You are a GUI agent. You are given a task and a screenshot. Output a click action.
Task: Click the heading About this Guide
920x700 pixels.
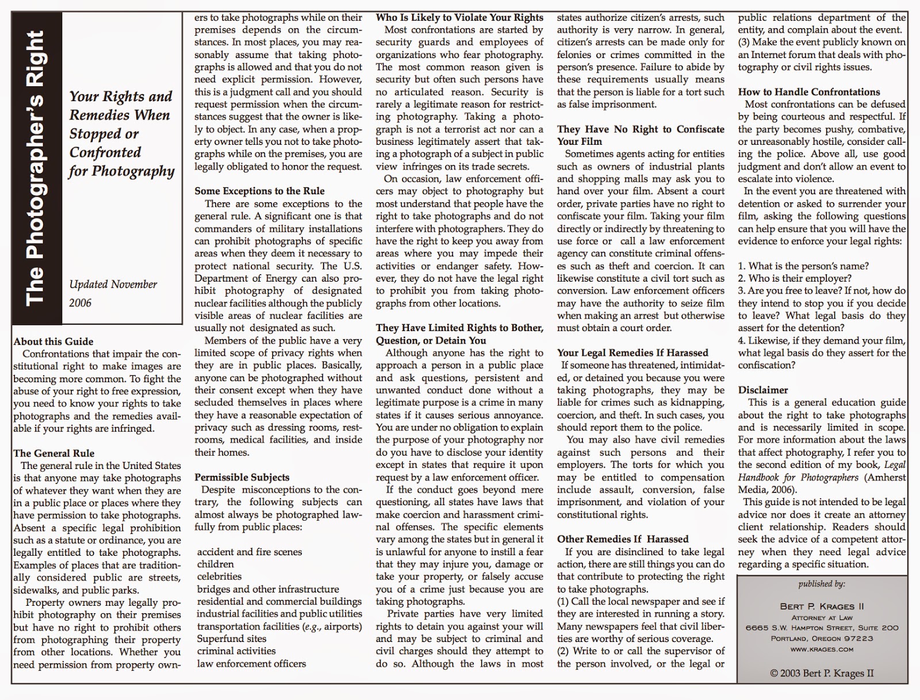point(53,341)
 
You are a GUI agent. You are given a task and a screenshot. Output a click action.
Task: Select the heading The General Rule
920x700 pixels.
point(54,453)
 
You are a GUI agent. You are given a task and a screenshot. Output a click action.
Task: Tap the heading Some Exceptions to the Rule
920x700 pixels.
point(259,191)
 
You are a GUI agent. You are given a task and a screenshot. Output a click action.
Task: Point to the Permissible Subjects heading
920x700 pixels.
point(242,477)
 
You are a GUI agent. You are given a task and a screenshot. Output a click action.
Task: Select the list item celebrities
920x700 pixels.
point(219,576)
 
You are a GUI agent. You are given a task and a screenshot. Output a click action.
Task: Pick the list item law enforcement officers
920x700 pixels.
point(251,664)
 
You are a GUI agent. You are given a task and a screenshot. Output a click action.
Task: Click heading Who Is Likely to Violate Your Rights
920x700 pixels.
point(459,17)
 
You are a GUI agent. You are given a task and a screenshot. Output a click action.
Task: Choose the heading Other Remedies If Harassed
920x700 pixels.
point(623,539)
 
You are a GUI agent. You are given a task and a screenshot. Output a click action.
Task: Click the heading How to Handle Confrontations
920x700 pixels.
point(809,92)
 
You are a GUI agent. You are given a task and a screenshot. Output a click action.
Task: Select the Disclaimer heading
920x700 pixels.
point(763,390)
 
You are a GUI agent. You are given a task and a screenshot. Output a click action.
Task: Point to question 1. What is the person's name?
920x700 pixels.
point(803,266)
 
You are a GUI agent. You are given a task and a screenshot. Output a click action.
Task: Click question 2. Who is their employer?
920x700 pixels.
point(795,278)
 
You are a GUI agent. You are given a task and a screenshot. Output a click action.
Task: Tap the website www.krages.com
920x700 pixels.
point(822,649)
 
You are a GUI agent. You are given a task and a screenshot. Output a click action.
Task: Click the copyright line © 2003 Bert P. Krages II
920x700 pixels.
point(822,673)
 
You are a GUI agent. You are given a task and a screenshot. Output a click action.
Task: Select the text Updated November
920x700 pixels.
point(113,284)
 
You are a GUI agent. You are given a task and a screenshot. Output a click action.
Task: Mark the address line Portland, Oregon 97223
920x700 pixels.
point(822,639)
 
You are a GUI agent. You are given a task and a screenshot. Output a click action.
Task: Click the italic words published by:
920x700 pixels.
point(822,584)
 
